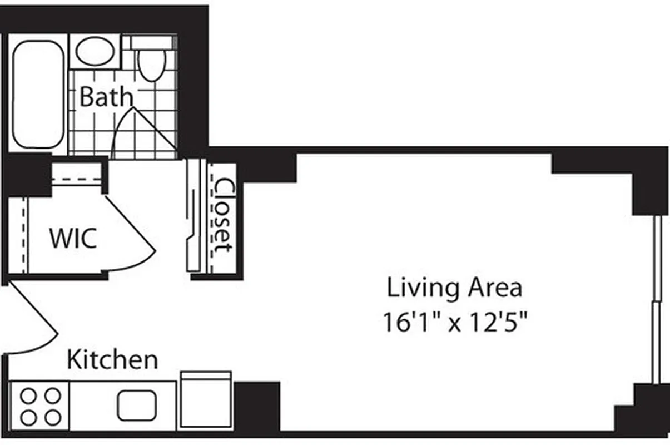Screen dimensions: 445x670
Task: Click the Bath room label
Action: pyautogui.click(x=106, y=97)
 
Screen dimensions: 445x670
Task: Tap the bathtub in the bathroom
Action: pyautogui.click(x=38, y=93)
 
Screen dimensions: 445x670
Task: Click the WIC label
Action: pyautogui.click(x=73, y=238)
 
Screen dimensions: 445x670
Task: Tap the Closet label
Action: pyautogui.click(x=224, y=216)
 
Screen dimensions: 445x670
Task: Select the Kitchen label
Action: pyautogui.click(x=112, y=359)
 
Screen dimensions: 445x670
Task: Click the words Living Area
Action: pyautogui.click(x=454, y=288)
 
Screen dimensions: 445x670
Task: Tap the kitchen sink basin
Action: pyautogui.click(x=137, y=406)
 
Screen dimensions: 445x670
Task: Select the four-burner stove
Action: pyautogui.click(x=40, y=406)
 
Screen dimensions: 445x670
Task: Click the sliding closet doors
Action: pyautogui.click(x=193, y=217)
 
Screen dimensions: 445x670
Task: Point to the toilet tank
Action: pyautogui.click(x=150, y=42)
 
